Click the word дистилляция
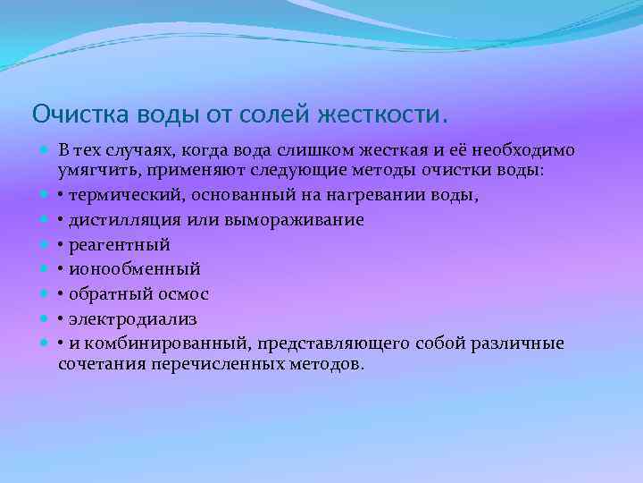pos(124,219)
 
